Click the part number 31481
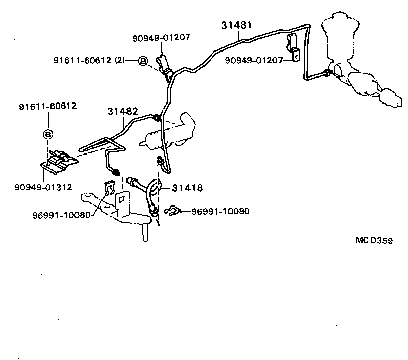237,25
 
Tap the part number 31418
188,188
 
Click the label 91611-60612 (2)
89,61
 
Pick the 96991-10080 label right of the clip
221,211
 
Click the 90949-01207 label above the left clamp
161,37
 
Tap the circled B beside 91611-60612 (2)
143,61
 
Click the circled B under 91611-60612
47,135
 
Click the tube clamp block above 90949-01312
60,160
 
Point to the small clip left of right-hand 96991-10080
173,210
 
